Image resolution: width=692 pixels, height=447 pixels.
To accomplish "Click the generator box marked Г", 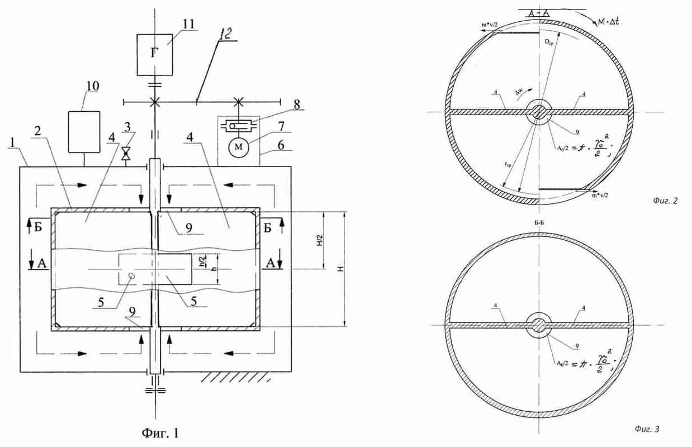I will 155,54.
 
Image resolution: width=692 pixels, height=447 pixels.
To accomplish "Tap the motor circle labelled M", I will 235,148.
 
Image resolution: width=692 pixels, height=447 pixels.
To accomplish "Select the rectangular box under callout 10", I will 84,131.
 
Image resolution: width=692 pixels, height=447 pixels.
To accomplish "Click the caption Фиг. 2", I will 665,201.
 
